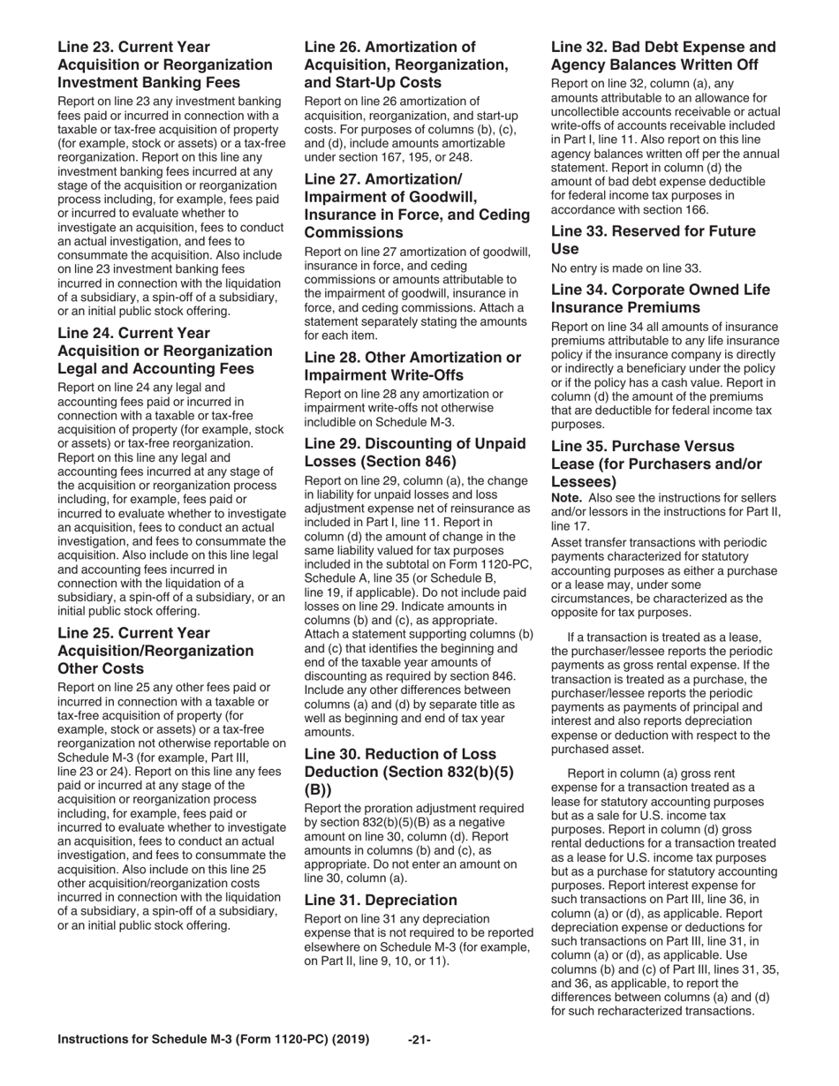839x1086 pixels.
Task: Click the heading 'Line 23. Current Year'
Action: pos(133,47)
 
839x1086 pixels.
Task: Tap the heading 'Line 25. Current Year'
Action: pos(133,634)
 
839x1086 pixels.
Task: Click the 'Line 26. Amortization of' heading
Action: pos(389,47)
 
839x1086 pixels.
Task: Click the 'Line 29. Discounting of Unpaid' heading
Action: pos(414,443)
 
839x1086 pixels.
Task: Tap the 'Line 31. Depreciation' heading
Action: pos(381,901)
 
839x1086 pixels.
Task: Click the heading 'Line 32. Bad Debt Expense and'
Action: pos(663,47)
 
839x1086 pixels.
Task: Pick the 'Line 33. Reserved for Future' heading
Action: pos(653,231)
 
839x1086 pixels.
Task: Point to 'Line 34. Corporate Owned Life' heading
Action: pos(660,290)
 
